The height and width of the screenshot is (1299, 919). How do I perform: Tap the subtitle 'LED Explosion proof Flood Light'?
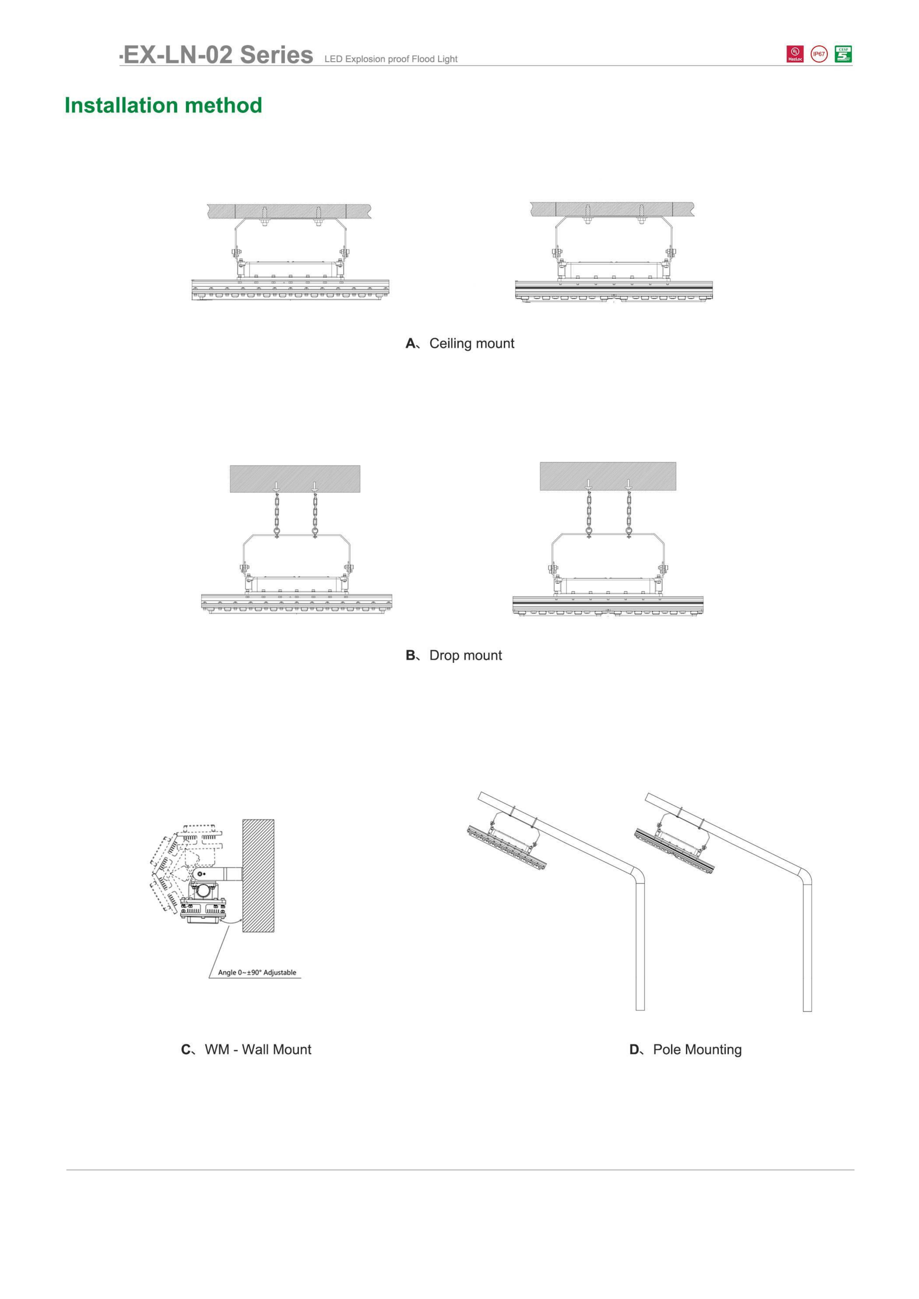391,59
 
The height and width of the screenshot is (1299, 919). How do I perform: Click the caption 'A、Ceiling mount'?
460,343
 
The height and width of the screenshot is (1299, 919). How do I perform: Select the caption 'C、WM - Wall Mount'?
246,1049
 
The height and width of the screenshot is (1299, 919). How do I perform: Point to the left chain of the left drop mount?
276,510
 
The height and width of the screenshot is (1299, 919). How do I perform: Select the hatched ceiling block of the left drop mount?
295,479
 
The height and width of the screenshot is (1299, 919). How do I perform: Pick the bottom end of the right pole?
807,1010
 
